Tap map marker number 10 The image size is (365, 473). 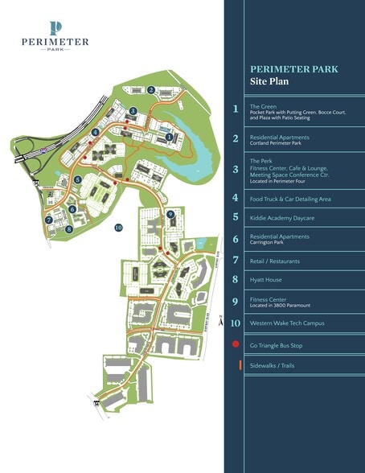118,228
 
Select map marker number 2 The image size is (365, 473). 151,89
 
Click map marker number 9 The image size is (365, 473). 170,214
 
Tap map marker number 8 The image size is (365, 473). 69,229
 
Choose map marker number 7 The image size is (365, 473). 49,218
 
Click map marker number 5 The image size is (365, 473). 77,181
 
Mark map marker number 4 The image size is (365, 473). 95,132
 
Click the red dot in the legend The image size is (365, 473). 236,344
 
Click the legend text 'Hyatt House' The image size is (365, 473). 269,280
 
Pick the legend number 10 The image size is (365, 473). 236,323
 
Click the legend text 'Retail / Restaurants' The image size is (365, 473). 277,260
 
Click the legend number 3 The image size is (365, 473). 236,170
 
